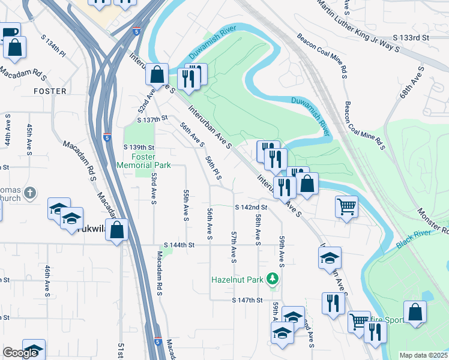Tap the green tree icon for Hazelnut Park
click(x=273, y=278)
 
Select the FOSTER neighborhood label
click(x=50, y=91)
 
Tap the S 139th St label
click(x=139, y=148)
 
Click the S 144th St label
click(x=179, y=245)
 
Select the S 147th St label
click(x=249, y=300)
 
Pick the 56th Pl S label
click(x=214, y=169)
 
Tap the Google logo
click(x=21, y=353)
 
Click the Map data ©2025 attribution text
click(x=423, y=355)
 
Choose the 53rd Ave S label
click(x=154, y=188)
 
